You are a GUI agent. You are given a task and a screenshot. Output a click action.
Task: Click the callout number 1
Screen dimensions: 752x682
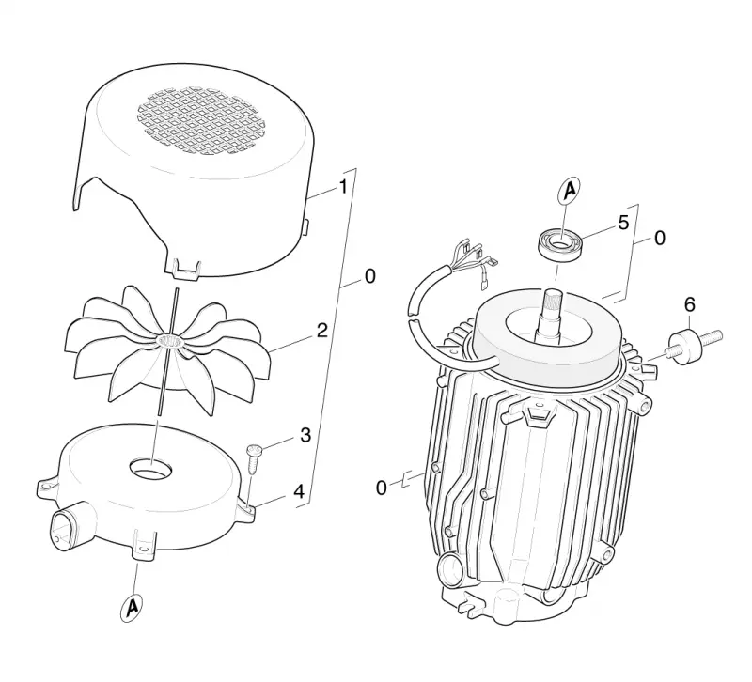pos(343,187)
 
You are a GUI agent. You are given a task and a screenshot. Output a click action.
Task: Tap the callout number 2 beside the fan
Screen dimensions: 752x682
pos(322,331)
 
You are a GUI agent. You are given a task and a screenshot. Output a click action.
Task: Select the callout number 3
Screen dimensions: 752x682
pos(305,435)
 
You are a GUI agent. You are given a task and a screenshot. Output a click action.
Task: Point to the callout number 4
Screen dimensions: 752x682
pos(299,491)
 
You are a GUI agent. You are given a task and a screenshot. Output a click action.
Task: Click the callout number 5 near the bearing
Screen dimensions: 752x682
pos(623,223)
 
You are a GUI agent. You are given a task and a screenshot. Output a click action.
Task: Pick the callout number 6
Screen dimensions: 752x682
pos(689,304)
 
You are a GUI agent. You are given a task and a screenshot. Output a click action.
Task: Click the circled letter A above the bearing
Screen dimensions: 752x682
pos(570,191)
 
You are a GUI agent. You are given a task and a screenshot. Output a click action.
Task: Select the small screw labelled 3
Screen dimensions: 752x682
pos(253,459)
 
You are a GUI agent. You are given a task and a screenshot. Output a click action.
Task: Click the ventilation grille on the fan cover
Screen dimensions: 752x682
pos(205,123)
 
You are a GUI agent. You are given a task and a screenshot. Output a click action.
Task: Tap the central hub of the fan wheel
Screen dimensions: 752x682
pos(170,341)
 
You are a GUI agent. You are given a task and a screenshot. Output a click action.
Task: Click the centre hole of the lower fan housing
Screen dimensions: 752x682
pos(150,467)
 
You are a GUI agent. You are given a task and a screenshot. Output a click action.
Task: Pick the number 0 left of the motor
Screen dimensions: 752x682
pos(382,488)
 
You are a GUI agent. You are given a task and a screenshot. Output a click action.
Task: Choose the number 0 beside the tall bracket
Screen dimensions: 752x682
pos(369,276)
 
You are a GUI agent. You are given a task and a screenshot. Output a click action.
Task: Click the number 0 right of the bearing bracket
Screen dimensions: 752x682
pos(660,239)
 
